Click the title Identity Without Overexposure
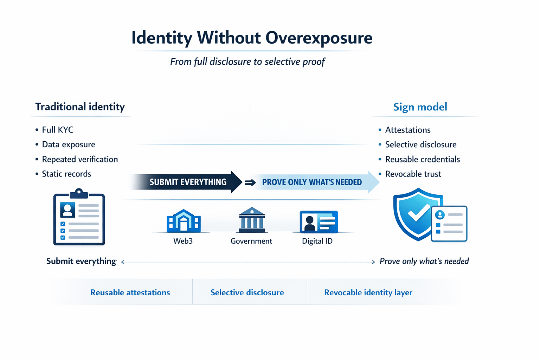click(x=252, y=38)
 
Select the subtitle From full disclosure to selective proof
click(x=247, y=62)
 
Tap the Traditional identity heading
click(x=80, y=107)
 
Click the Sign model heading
click(x=420, y=107)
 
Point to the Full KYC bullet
click(x=57, y=130)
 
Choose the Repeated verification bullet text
click(x=80, y=159)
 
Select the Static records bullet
click(x=66, y=174)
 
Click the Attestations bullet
click(x=408, y=130)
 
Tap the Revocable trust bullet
click(x=413, y=174)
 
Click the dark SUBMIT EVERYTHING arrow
click(x=188, y=182)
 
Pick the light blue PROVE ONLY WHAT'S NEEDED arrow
click(x=312, y=182)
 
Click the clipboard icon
click(x=79, y=218)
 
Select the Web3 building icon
click(x=184, y=221)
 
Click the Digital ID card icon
click(x=319, y=222)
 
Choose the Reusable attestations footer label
click(x=130, y=292)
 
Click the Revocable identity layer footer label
click(x=368, y=292)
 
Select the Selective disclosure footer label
click(x=247, y=292)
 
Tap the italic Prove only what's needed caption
click(x=424, y=261)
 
